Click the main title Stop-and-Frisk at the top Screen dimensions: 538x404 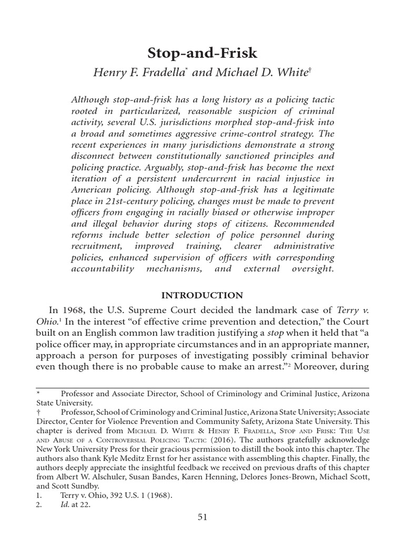pyautogui.click(x=202, y=53)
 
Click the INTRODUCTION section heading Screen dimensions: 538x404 pyautogui.click(x=202, y=295)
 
